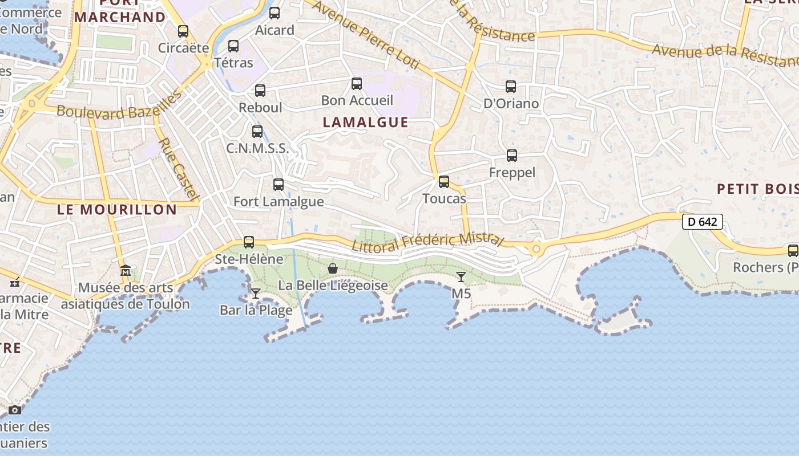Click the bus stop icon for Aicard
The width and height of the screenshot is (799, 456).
click(x=275, y=13)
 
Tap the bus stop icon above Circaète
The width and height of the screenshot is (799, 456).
click(x=183, y=31)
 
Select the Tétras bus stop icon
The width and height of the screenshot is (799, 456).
click(x=233, y=46)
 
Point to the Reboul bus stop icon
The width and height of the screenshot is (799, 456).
click(x=260, y=90)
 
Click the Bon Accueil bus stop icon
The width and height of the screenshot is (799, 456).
click(x=357, y=84)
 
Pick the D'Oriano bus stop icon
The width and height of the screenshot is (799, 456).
click(x=511, y=87)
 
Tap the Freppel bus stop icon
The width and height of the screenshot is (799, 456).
click(x=512, y=156)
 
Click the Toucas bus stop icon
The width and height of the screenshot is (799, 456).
click(x=444, y=182)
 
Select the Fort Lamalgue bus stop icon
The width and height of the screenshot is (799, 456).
click(x=279, y=185)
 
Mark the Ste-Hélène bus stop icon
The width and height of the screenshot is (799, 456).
click(x=249, y=242)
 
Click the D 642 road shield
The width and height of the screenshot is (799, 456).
click(x=703, y=222)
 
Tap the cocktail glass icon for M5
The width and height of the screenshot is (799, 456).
click(x=461, y=277)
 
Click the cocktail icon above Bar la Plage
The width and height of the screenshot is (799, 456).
click(x=256, y=294)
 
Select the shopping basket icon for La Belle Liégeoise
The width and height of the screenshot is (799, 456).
click(x=333, y=268)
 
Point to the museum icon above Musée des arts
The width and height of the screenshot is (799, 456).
click(x=126, y=271)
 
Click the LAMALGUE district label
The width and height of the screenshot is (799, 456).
click(x=366, y=122)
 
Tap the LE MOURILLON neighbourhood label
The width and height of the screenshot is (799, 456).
click(x=117, y=209)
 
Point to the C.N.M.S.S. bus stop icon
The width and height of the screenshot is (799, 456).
click(x=257, y=132)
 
